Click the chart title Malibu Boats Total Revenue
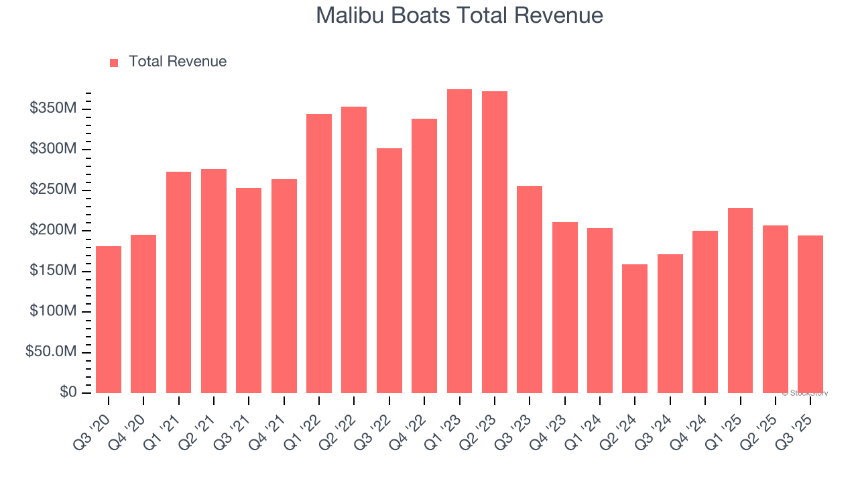coord(459,15)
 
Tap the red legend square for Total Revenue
coord(114,62)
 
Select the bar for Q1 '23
coord(459,241)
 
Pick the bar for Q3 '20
coord(109,319)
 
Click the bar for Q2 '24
coord(635,329)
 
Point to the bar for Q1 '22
coord(319,254)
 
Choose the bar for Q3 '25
coord(810,314)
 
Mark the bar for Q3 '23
coord(530,289)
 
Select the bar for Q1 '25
coord(740,301)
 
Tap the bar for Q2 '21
coord(214,281)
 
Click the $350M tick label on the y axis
coord(53,109)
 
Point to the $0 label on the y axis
coord(68,392)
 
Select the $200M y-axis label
coord(53,230)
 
